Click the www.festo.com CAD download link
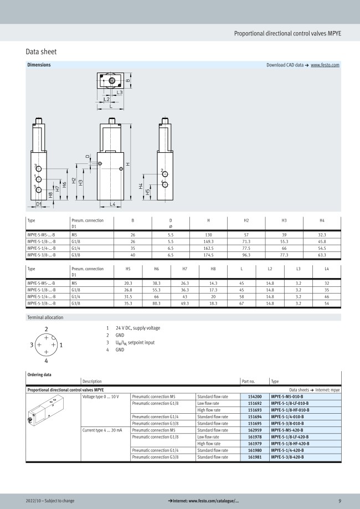[325, 65]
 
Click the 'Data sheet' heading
[41, 52]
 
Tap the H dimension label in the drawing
[127, 164]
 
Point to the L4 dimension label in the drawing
[112, 204]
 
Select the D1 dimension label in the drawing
[39, 204]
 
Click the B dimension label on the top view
[128, 81]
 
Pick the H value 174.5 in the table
[208, 256]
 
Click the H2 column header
[246, 220]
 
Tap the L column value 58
[241, 296]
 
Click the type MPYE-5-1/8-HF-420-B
[290, 444]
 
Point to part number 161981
[254, 457]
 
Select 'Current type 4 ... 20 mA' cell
[102, 430]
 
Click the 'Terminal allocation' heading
[45, 317]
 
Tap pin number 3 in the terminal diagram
[32, 345]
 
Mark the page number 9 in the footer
[340, 501]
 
